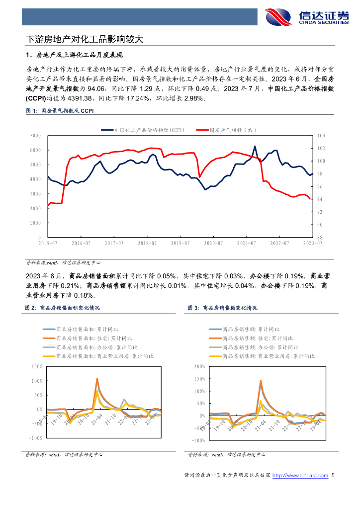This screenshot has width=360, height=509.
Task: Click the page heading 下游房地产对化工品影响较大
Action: [x=85, y=38]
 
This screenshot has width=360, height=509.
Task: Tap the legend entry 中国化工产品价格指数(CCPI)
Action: [x=142, y=130]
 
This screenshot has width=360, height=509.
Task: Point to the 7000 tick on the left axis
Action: [x=35, y=136]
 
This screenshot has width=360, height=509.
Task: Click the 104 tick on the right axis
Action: [x=321, y=136]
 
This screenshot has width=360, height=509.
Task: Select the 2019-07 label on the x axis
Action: [x=180, y=243]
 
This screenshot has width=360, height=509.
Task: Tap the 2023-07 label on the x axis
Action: [x=313, y=243]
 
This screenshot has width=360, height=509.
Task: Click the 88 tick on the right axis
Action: [x=320, y=238]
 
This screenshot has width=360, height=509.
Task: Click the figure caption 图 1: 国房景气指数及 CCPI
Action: [x=59, y=111]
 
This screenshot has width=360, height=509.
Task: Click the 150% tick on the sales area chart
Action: [x=37, y=367]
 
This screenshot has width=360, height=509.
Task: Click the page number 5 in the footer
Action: [x=333, y=476]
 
